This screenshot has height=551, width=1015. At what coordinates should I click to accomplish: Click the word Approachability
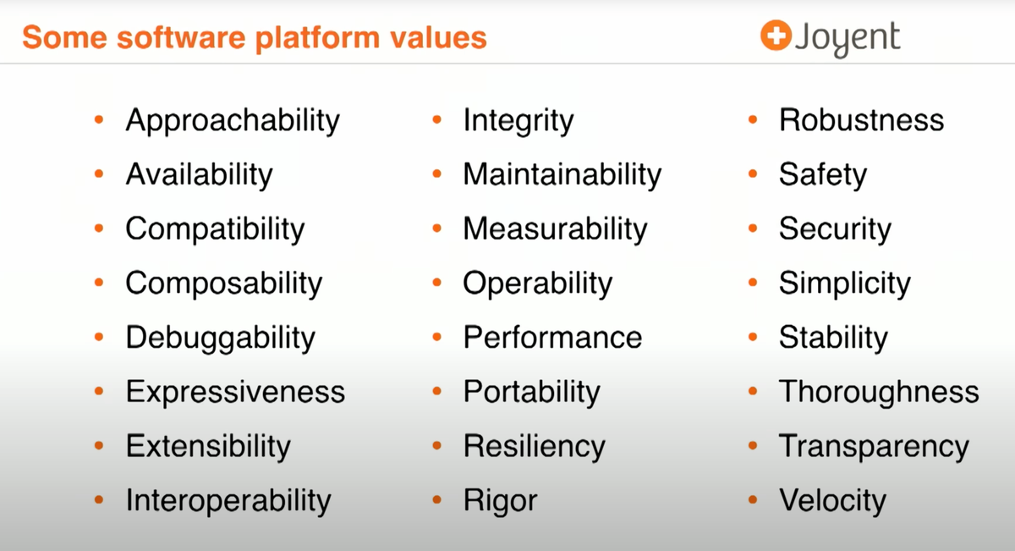point(233,120)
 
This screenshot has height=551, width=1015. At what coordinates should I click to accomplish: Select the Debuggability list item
point(220,338)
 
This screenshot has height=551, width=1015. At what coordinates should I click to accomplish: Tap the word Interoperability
point(228,500)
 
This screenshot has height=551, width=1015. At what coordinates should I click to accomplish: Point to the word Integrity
point(518,120)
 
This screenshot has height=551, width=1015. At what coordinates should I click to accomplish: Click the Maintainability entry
point(562,174)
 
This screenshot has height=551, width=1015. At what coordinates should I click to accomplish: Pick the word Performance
point(552,338)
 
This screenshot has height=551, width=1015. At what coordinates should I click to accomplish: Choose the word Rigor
point(499,500)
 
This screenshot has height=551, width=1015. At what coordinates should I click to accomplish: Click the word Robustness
point(861,120)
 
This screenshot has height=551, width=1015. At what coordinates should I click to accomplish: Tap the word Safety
point(822,174)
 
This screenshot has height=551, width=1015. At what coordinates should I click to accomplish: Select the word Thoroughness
point(878,392)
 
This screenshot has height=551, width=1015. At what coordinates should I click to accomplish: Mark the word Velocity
point(831,500)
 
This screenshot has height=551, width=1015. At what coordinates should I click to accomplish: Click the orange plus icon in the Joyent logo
point(774,36)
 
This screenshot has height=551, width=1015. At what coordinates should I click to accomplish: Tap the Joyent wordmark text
point(847,39)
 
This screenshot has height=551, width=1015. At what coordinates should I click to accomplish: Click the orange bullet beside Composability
point(99,284)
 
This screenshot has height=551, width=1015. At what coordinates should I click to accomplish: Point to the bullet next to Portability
point(436,392)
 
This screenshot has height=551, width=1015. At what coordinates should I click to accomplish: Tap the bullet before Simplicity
point(753,284)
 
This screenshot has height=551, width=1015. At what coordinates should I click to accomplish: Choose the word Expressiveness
point(235,392)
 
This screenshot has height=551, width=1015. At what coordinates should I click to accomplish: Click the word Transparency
point(873,446)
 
